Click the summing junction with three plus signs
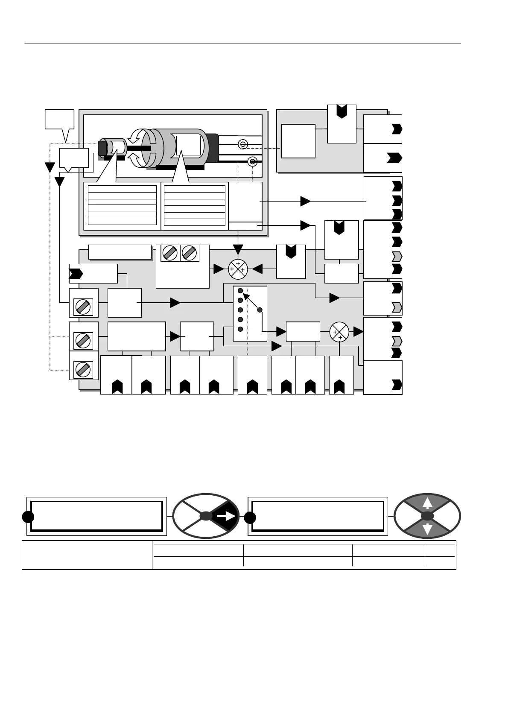tap(238, 269)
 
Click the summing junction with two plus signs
tap(339, 332)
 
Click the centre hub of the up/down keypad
tap(427, 516)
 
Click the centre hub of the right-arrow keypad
tap(206, 516)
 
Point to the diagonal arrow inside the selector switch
tap(251, 301)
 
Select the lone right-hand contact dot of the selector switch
tap(260, 310)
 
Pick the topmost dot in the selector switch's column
tap(240, 290)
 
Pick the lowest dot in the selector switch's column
tap(240, 329)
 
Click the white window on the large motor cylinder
tap(188, 145)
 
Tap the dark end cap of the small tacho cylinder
tap(102, 148)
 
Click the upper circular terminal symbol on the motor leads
tap(242, 145)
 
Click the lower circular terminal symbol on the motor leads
tap(252, 161)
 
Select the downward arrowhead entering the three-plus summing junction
tap(238, 250)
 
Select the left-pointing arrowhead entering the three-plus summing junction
tap(257, 269)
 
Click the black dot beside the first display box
tap(28, 517)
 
